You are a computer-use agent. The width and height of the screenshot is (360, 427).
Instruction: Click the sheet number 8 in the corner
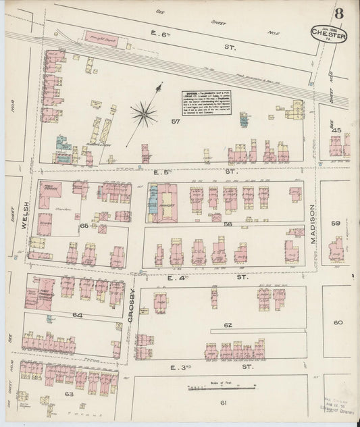point(337,14)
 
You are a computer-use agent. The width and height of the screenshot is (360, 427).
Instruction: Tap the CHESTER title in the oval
point(329,33)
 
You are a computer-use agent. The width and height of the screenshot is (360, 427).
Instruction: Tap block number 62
point(228,325)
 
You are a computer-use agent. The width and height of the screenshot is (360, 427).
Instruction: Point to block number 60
point(338,323)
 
